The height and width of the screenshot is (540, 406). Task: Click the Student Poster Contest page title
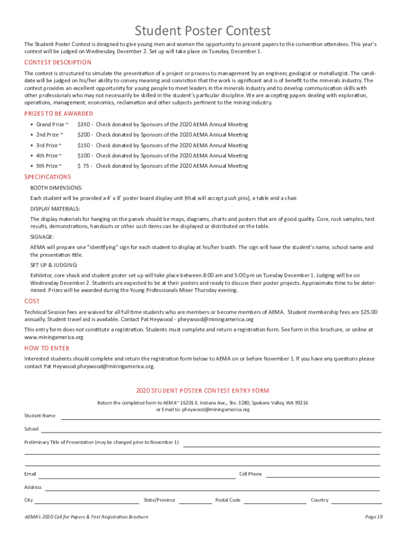(x=203, y=31)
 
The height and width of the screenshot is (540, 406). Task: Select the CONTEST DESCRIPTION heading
(x=58, y=62)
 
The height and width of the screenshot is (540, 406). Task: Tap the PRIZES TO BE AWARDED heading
(x=59, y=113)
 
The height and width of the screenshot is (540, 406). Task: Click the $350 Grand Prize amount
(x=84, y=124)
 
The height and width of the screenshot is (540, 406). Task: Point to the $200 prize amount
(x=84, y=135)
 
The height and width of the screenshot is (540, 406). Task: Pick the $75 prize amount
(x=85, y=166)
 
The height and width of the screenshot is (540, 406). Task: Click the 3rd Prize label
(x=49, y=146)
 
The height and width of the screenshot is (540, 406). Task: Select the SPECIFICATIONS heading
(x=47, y=177)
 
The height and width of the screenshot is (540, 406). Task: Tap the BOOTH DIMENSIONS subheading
(x=56, y=188)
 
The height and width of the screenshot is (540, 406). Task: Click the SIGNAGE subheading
(x=42, y=237)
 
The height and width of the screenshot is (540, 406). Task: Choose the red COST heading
(x=32, y=301)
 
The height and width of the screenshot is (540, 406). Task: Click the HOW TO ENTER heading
(x=47, y=348)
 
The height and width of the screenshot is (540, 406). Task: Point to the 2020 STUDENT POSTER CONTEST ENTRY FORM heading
(x=203, y=391)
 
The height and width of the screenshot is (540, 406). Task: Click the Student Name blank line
(x=220, y=418)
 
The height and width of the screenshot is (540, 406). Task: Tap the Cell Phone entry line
(x=323, y=477)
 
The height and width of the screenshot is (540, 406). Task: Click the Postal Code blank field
(x=275, y=503)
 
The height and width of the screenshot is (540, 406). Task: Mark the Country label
(x=320, y=500)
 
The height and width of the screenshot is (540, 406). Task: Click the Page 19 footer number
(x=374, y=517)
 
